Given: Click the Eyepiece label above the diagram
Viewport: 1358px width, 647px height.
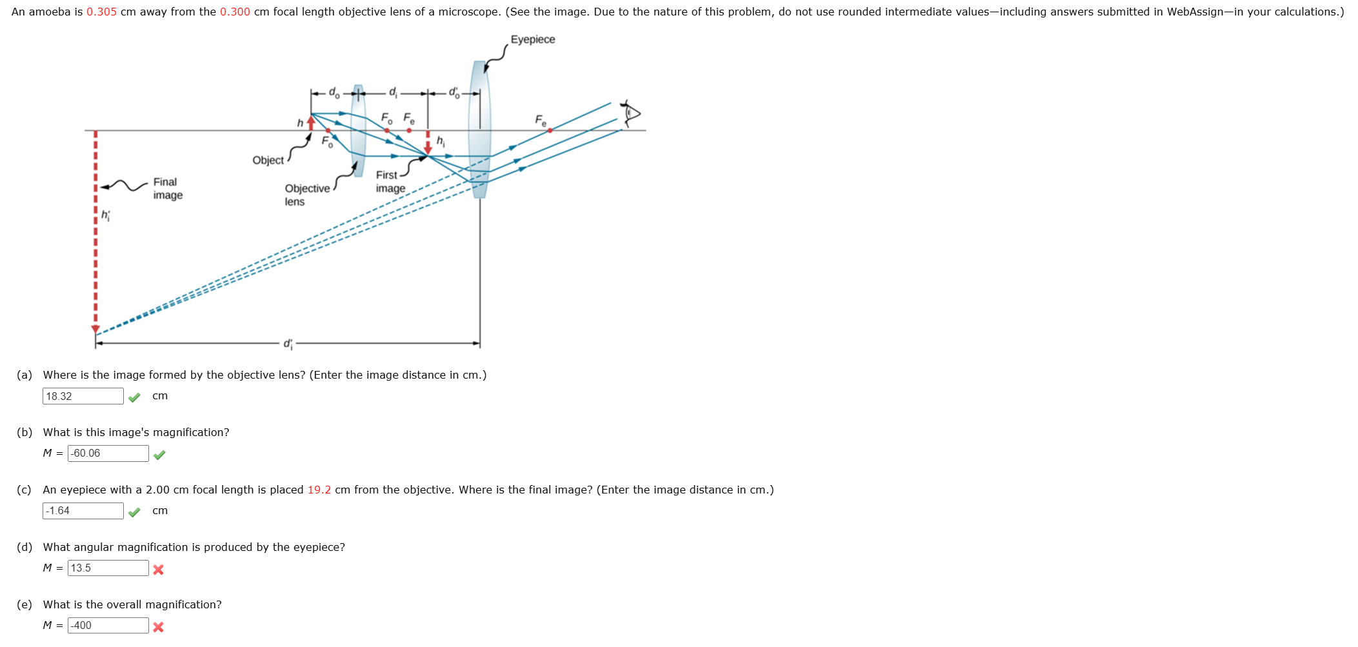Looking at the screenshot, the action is point(532,39).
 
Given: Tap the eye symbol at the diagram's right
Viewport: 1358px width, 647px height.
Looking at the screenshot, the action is point(630,113).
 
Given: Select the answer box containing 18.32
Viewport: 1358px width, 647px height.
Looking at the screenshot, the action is point(83,396).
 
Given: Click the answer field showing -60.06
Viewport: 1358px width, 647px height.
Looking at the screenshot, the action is point(108,453).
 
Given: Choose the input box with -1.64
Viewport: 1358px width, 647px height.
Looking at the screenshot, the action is point(83,511).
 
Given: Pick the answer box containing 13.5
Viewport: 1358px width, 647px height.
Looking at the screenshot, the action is point(108,568).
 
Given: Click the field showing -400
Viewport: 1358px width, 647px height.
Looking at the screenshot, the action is point(108,626).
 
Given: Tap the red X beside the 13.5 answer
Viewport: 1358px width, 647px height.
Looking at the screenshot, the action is point(159,570).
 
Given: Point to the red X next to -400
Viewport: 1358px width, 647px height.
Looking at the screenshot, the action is point(159,627).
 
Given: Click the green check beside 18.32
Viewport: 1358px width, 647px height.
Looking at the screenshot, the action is point(134,397).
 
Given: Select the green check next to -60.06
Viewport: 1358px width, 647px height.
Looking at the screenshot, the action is point(160,455).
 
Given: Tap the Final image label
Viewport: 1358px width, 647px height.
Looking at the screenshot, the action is point(168,188).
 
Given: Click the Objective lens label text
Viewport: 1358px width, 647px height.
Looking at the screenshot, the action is point(307,195).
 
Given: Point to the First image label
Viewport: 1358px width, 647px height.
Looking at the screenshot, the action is point(390,182).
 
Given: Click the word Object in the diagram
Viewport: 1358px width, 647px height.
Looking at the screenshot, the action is point(268,160).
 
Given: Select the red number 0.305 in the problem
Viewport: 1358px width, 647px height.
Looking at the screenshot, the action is point(101,12).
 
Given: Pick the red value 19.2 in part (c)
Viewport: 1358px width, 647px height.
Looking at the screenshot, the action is point(319,490).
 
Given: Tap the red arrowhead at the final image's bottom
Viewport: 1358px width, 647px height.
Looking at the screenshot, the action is point(95,329).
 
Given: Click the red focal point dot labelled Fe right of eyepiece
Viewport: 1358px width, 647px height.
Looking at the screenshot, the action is point(550,130).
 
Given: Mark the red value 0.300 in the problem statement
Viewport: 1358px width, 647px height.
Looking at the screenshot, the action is point(235,12).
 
